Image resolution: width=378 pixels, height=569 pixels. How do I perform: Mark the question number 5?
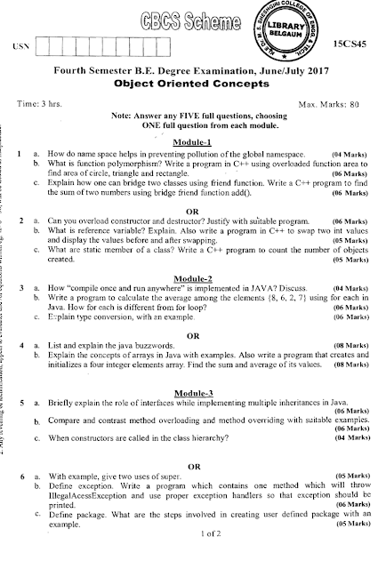point(20,404)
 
